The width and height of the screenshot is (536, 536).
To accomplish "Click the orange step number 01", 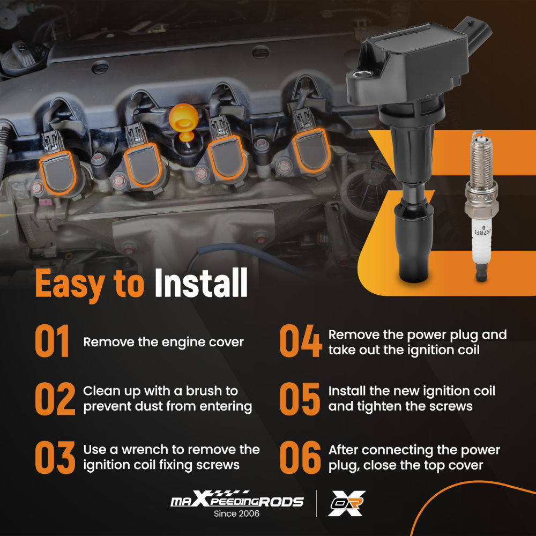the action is tap(53, 341).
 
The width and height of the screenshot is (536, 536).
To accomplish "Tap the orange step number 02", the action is tap(55, 399).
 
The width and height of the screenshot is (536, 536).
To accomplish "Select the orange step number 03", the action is tap(55, 457).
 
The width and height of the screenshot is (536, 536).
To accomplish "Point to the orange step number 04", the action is tap(301, 341).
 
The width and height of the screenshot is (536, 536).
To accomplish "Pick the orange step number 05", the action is tap(300, 399).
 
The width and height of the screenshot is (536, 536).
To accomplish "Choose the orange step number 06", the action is tap(300, 457).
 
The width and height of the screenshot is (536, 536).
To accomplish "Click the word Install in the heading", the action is tap(201, 282).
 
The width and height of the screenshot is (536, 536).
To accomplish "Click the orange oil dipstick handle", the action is tap(183, 121).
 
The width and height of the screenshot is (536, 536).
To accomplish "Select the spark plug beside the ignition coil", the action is tap(481, 205).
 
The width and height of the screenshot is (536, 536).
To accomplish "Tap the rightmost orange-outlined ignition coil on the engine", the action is tap(311, 151).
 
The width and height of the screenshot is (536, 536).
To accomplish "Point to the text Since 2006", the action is tap(236, 513).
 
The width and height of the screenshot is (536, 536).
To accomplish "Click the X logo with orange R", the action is tap(346, 503).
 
